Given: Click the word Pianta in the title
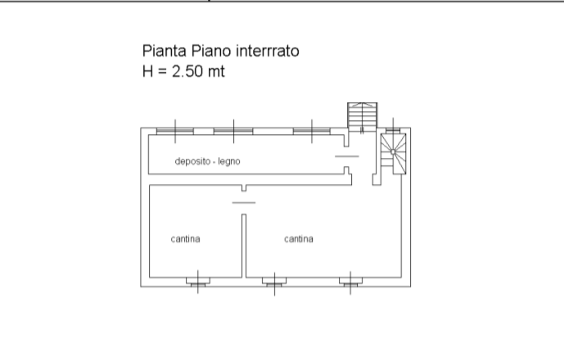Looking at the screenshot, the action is coord(165,51).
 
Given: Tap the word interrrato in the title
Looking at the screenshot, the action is coord(267,51).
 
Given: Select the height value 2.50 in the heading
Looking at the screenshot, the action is coord(187,71).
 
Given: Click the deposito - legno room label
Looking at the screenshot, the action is coord(208,161).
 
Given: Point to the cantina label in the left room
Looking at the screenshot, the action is coord(185,239).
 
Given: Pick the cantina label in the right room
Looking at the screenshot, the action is coord(299,239).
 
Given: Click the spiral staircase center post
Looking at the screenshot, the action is coord(393,151).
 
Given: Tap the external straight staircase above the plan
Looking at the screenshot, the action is coord(362,115).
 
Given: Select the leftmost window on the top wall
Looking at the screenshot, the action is coord(175,131).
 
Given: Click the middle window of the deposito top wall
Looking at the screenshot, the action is coord(233,131).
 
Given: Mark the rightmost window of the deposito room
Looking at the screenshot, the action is coord(312,131).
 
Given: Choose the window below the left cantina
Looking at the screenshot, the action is coord(198,282).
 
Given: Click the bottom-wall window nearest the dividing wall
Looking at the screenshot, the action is coord(274,282).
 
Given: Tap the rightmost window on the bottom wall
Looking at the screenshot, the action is coord(350,282).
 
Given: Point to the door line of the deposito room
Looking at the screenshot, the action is coord(347,156).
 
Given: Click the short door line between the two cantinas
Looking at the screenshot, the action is coord(244,202).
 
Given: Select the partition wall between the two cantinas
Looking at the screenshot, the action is coord(244,246).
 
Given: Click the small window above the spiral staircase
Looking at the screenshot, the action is coord(393,130).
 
